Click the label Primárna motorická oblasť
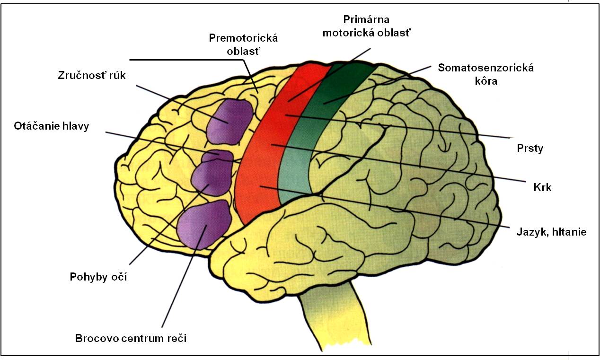[366, 26]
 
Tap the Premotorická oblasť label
[243, 44]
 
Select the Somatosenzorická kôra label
[485, 74]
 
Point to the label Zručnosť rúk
[92, 75]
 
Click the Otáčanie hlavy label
[52, 126]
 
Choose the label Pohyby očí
[98, 277]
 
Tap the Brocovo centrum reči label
[131, 338]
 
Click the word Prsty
[530, 149]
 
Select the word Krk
[542, 187]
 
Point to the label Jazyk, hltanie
[552, 232]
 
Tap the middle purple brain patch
[212, 173]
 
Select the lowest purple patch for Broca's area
[204, 224]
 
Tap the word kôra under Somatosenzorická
[486, 81]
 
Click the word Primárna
[366, 19]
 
